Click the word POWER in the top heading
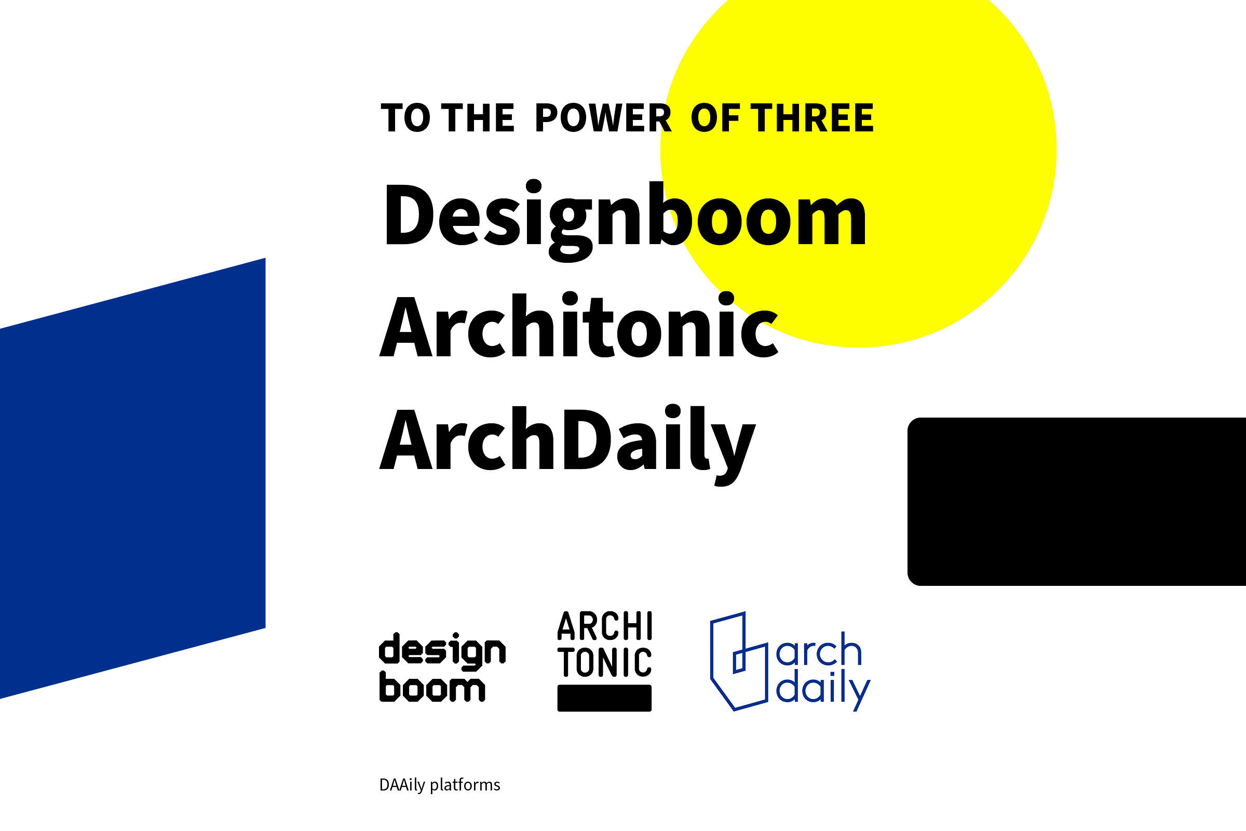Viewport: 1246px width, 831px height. pyautogui.click(x=603, y=118)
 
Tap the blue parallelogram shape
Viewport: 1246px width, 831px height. pyautogui.click(x=132, y=477)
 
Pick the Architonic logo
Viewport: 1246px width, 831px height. pyautogui.click(x=604, y=660)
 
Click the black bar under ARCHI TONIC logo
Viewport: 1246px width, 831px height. pyautogui.click(x=604, y=698)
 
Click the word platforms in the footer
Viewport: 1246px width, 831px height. pyautogui.click(x=465, y=785)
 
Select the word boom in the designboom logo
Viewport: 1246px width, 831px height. pyautogui.click(x=432, y=689)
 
